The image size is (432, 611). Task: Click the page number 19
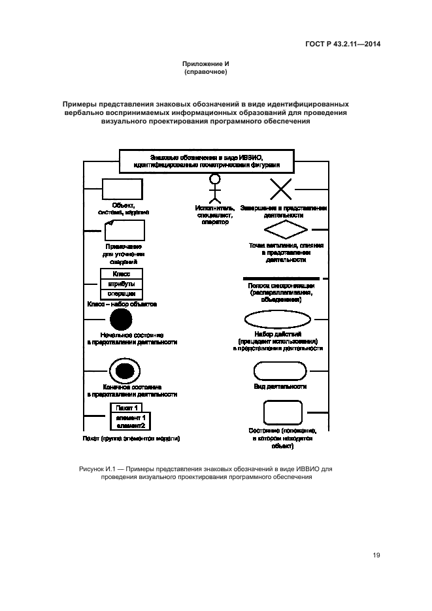[x=376, y=555]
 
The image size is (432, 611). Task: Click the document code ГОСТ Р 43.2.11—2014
[x=342, y=44]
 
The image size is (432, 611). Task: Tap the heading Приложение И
[x=206, y=63]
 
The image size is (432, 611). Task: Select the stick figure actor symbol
[x=214, y=188]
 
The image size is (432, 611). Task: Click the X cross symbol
[x=281, y=190]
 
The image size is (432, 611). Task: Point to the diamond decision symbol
[x=285, y=231]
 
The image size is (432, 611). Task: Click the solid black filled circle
[x=121, y=321]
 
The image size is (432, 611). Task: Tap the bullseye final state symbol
[x=122, y=371]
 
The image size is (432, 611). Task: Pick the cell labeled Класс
[x=122, y=274]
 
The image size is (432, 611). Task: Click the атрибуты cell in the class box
[x=122, y=284]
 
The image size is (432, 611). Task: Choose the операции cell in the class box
[x=122, y=293]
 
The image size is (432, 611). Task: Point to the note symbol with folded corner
[x=124, y=231]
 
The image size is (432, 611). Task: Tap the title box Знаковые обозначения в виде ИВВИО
[x=206, y=161]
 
